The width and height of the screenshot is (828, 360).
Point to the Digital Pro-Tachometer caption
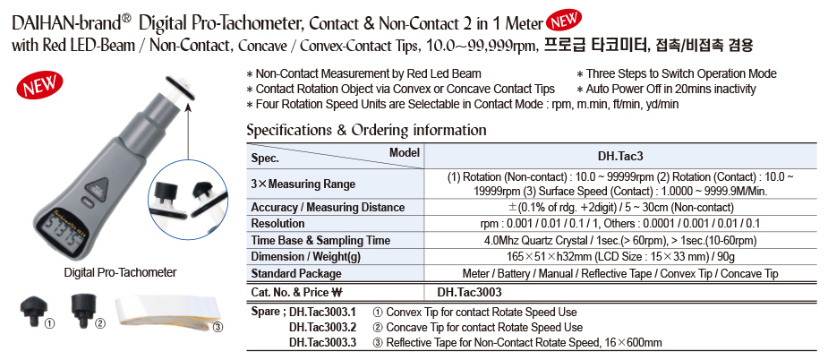coord(120,273)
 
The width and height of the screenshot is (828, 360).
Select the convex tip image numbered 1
coord(30,310)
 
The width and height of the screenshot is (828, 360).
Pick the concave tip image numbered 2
coord(83,308)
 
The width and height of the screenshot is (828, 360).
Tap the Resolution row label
coord(278,224)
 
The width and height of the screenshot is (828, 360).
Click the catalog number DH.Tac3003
coord(469,291)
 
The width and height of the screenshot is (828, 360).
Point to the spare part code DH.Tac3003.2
coord(322,327)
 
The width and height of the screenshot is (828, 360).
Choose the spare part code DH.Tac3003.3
coord(322,342)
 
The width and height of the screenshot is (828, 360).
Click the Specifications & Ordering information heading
coord(366,131)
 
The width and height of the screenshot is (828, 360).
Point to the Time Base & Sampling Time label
coord(320,240)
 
